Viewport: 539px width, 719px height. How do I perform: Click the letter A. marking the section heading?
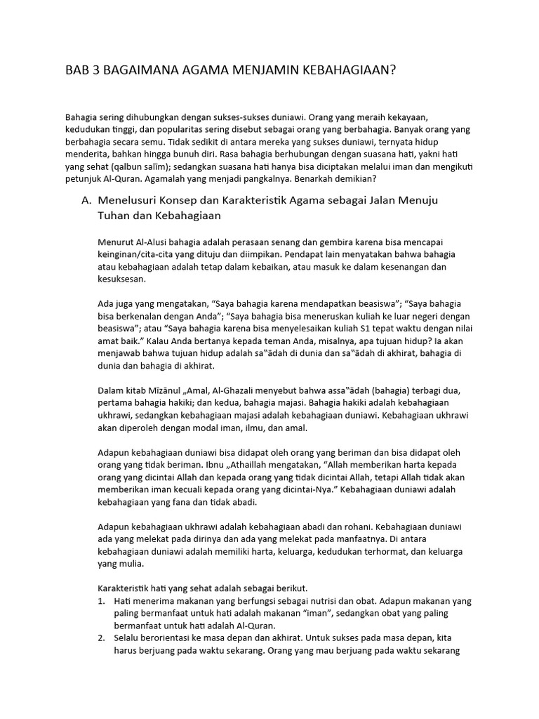[x=87, y=201]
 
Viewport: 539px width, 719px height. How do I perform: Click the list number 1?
[x=101, y=601]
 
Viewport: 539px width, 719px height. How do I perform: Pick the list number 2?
[x=101, y=638]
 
